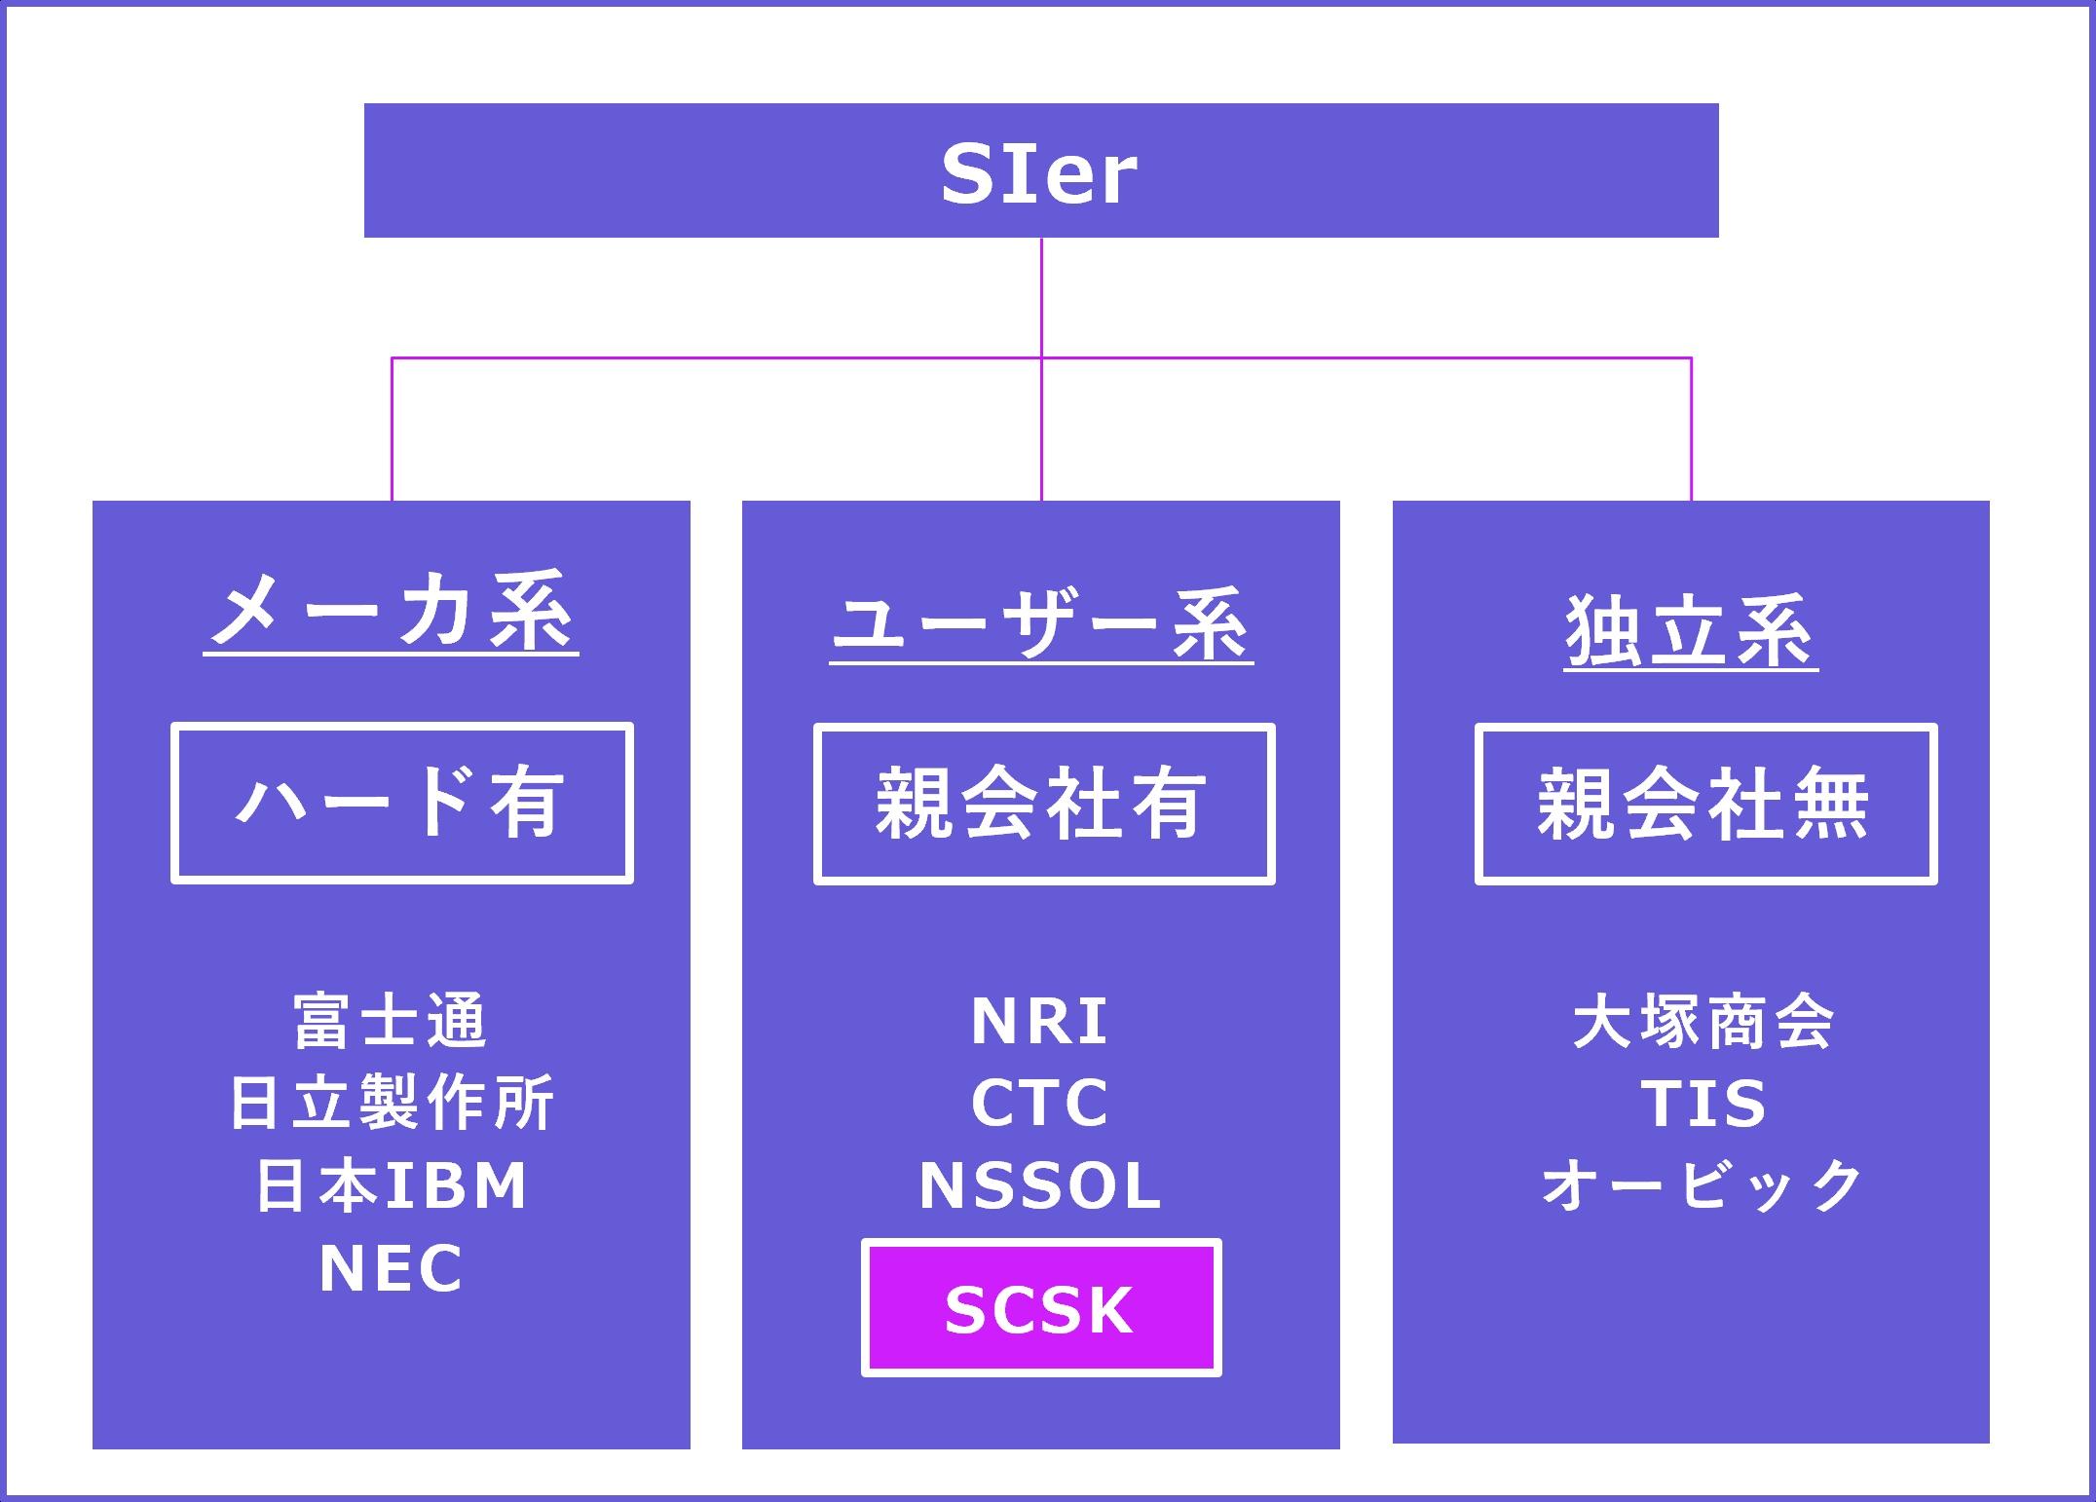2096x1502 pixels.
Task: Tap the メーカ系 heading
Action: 392,612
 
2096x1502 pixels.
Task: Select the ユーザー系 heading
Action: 1041,623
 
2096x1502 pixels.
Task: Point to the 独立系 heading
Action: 1691,631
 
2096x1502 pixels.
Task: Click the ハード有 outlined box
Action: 401,803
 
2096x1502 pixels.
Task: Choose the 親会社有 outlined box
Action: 1043,804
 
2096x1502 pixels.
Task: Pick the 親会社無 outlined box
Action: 1705,804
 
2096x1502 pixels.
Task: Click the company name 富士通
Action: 391,1022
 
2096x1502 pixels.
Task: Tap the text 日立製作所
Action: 392,1103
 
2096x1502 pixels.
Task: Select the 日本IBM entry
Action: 392,1185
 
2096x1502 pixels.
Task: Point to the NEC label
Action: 392,1268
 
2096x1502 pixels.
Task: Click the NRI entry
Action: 1040,1022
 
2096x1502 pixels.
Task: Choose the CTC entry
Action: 1040,1103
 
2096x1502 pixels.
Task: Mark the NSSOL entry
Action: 1040,1185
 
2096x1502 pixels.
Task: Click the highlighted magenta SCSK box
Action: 1040,1308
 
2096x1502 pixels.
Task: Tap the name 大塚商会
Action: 1703,1022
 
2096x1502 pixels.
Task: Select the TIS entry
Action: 1703,1104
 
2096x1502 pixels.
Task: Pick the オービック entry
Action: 1703,1185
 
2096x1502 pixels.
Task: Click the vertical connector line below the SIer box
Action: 1041,297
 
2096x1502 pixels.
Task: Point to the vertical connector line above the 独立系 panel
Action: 1691,429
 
